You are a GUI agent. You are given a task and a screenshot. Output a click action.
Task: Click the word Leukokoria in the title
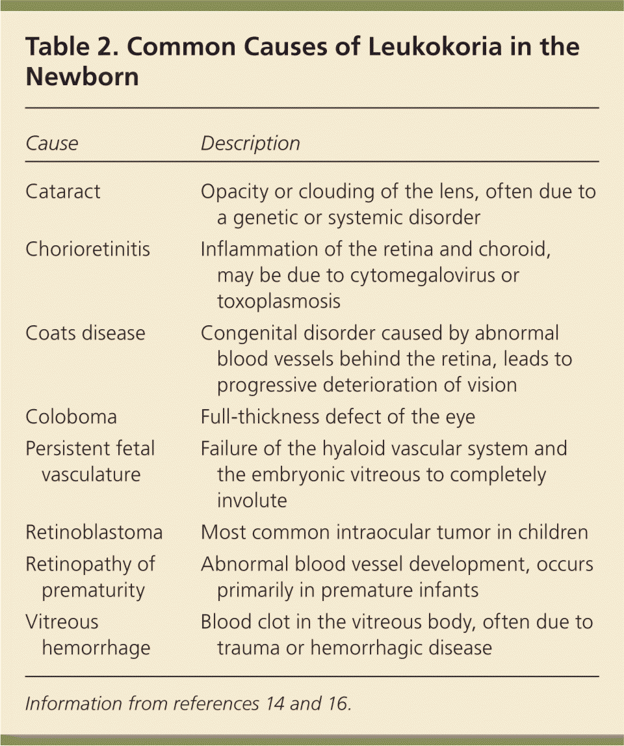point(376,47)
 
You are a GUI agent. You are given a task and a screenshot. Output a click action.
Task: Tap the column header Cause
point(51,143)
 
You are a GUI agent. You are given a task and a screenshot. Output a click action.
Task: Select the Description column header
point(250,143)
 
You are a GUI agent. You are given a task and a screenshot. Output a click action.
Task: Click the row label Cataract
point(64,192)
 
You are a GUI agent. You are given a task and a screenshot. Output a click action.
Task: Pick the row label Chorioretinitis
point(88,249)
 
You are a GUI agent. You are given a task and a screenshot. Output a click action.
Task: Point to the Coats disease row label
point(85,333)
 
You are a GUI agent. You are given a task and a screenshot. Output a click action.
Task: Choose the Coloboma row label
point(71,417)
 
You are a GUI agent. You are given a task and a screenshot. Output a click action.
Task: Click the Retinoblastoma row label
point(94,532)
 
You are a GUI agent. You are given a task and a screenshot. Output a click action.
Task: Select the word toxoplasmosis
point(278,300)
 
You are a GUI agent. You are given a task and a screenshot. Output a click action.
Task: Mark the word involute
point(252,500)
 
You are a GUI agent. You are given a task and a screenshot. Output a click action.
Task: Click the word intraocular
point(378,532)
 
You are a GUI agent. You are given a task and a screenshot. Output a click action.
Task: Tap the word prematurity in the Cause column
point(93,590)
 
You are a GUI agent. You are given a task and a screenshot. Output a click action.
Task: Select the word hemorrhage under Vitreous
point(96,648)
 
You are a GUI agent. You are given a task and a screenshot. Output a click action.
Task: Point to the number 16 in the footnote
point(338,704)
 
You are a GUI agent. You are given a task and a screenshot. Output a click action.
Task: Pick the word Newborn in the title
point(82,77)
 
